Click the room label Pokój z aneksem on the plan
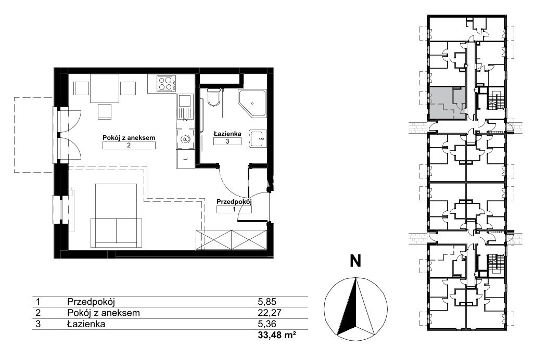[129, 137]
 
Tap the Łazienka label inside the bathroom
[227, 134]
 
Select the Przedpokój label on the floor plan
[234, 201]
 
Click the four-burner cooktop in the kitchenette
[167, 84]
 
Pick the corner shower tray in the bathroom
[252, 103]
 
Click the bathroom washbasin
[257, 138]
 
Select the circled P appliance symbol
[185, 139]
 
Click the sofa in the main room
[116, 233]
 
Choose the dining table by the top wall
[104, 88]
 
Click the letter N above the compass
[355, 261]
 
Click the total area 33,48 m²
[277, 336]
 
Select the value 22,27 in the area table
[270, 313]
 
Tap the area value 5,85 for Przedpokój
[267, 301]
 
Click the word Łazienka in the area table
[86, 324]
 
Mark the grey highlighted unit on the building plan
[447, 103]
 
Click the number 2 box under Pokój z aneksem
[129, 145]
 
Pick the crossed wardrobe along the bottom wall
[231, 240]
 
